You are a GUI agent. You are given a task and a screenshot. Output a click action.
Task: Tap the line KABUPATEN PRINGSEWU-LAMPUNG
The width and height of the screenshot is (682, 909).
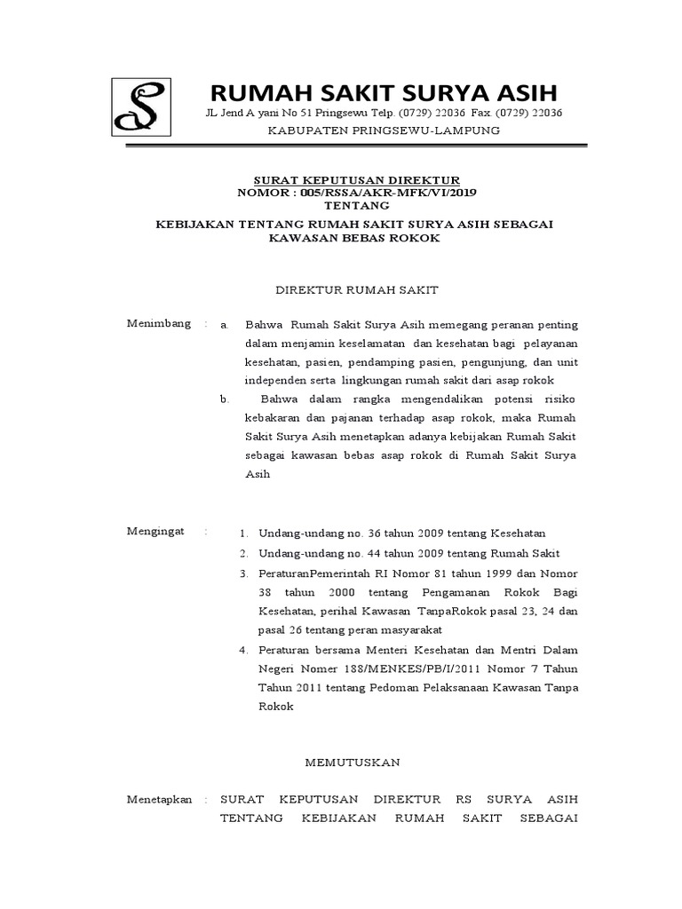click(384, 130)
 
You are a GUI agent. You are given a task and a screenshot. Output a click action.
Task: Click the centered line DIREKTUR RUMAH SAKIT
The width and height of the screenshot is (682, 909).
click(354, 289)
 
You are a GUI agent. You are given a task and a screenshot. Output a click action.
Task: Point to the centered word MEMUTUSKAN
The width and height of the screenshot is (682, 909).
click(353, 762)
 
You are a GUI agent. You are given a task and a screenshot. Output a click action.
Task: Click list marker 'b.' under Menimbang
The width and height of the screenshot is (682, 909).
click(225, 399)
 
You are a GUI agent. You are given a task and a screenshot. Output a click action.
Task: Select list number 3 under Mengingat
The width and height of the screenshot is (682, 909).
click(243, 572)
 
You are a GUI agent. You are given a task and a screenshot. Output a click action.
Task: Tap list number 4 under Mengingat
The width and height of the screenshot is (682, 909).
click(243, 649)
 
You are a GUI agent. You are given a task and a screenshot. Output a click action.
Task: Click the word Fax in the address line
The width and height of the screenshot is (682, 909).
click(480, 113)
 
